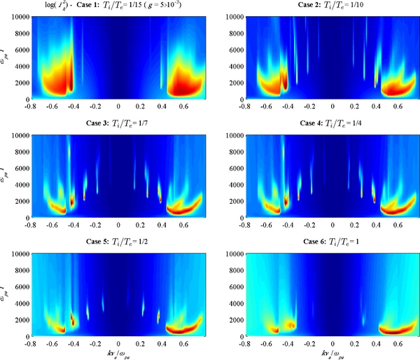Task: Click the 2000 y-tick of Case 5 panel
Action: click(x=20, y=319)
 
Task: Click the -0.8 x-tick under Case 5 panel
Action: click(x=31, y=343)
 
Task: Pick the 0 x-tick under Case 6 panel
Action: click(x=332, y=343)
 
